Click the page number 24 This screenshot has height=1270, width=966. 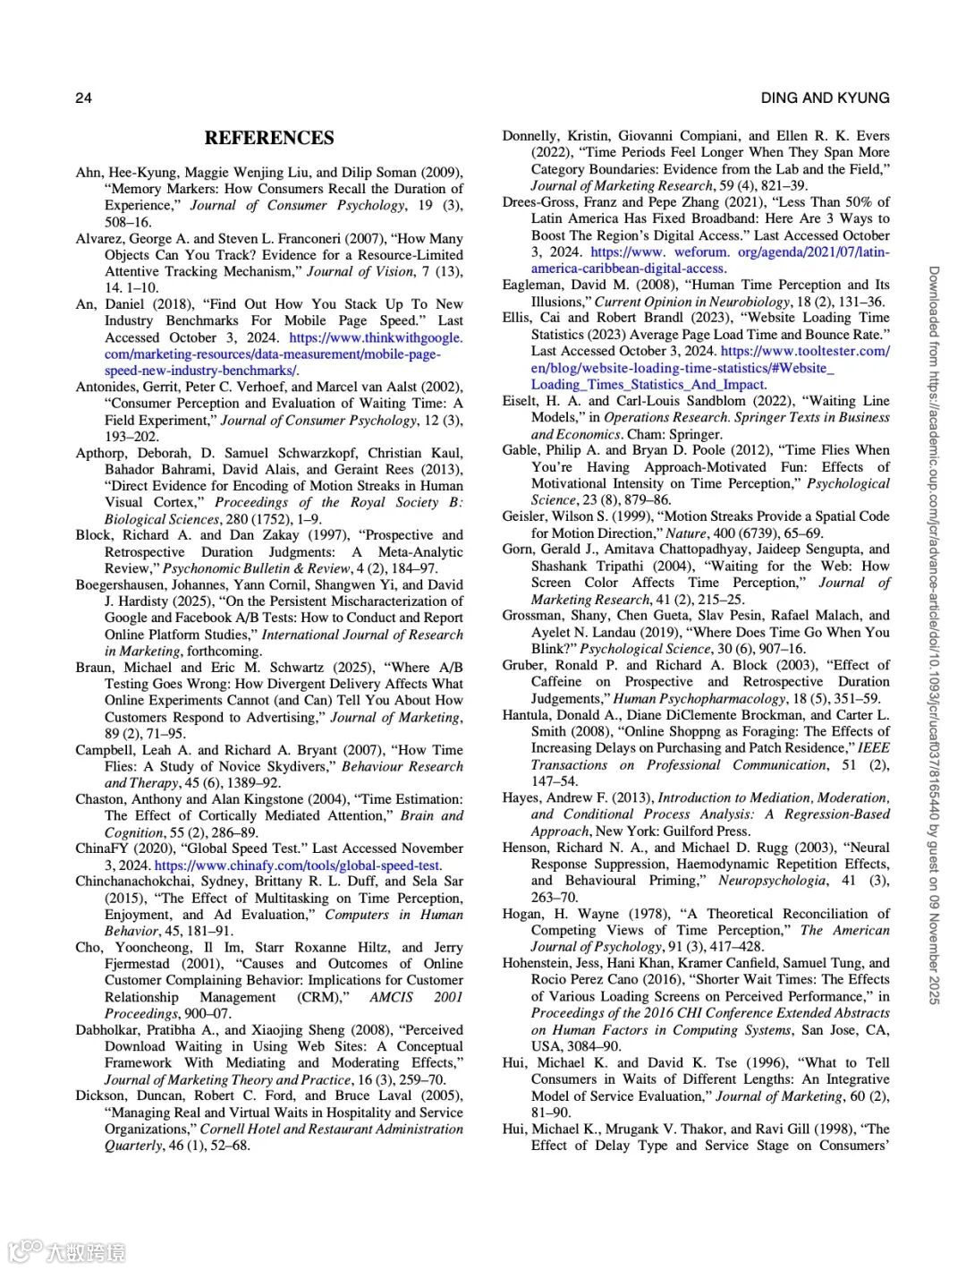[x=83, y=98]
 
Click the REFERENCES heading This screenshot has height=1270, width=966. [x=269, y=138]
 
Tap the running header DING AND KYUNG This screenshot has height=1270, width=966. [x=825, y=98]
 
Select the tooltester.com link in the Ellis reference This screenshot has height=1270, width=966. [x=804, y=351]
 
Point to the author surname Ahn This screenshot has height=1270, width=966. [x=89, y=172]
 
